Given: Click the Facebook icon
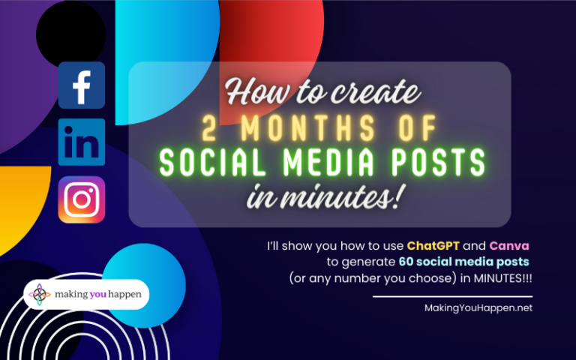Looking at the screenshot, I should coord(82,85).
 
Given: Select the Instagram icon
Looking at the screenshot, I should coord(82,199).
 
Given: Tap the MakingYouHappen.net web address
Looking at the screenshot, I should coord(478,308).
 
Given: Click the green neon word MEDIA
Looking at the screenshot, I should coord(328,163).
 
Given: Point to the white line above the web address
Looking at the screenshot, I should coord(452,297).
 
